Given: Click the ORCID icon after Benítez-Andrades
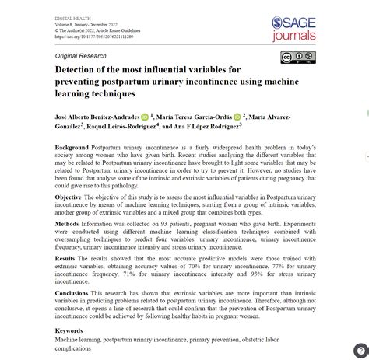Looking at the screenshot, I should pyautogui.click(x=146, y=117).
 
